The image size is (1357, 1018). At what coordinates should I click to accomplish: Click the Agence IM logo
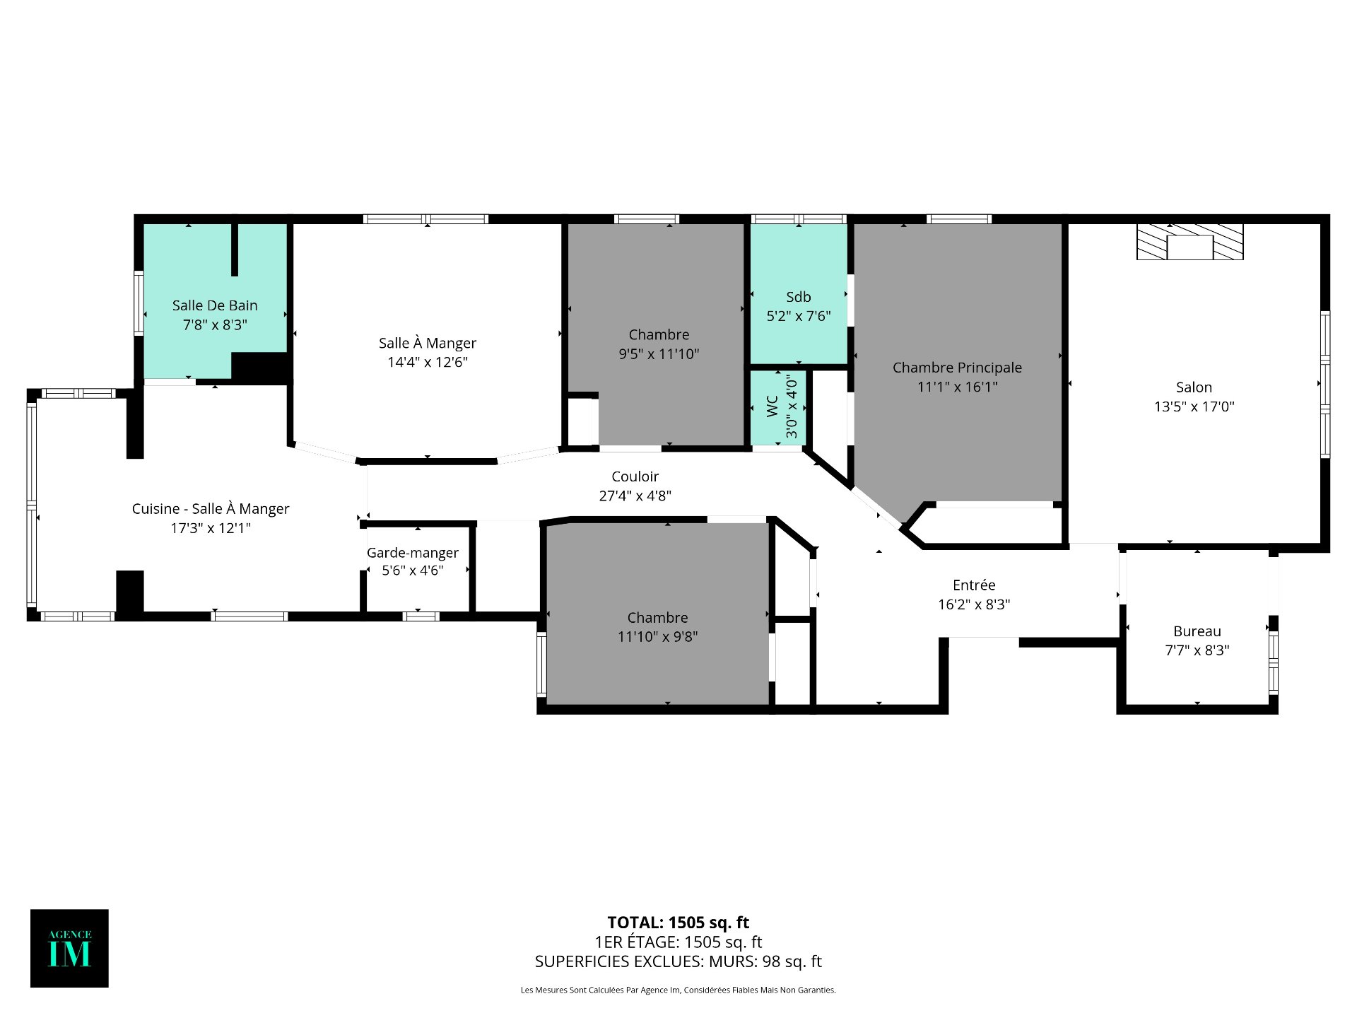pyautogui.click(x=69, y=948)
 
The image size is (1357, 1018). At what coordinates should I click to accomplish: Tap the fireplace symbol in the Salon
pyautogui.click(x=1189, y=242)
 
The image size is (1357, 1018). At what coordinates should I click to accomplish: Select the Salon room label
pyautogui.click(x=1194, y=387)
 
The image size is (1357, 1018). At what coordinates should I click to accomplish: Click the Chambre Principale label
pyautogui.click(x=957, y=368)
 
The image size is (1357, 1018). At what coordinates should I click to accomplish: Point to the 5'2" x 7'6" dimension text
pyautogui.click(x=799, y=316)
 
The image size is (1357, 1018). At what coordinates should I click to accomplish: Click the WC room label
pyautogui.click(x=772, y=406)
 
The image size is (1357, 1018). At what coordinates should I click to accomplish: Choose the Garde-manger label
pyautogui.click(x=413, y=553)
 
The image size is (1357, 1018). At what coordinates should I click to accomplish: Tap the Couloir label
pyautogui.click(x=635, y=476)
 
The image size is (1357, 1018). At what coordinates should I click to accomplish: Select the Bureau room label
pyautogui.click(x=1197, y=631)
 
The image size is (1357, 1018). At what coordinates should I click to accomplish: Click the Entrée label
pyautogui.click(x=974, y=585)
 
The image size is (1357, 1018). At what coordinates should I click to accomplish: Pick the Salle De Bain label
pyautogui.click(x=215, y=305)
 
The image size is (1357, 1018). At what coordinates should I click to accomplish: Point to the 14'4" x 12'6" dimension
pyautogui.click(x=428, y=362)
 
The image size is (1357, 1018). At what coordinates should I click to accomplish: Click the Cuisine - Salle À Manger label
pyautogui.click(x=211, y=509)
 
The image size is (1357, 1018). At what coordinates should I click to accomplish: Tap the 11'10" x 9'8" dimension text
pyautogui.click(x=657, y=637)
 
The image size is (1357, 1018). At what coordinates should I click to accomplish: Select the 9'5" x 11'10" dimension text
pyautogui.click(x=659, y=354)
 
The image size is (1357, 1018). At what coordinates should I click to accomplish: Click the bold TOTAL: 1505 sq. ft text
pyautogui.click(x=678, y=923)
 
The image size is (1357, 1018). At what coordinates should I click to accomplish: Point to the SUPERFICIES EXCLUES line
pyautogui.click(x=678, y=961)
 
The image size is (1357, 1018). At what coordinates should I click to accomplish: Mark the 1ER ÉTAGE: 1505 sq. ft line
pyautogui.click(x=678, y=942)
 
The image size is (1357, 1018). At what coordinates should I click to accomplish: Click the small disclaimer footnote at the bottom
pyautogui.click(x=678, y=990)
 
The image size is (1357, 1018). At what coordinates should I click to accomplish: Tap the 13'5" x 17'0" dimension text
pyautogui.click(x=1194, y=406)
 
